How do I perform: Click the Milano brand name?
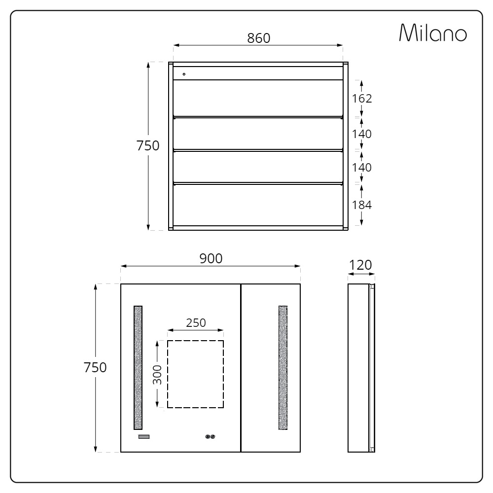[x=433, y=33]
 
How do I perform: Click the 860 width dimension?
[x=258, y=38]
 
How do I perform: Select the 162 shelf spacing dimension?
[x=361, y=99]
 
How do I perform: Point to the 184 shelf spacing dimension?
[x=361, y=205]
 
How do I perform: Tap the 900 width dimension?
[x=211, y=258]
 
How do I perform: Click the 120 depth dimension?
[x=360, y=265]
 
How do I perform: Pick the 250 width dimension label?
[x=196, y=323]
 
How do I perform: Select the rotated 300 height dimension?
[x=157, y=375]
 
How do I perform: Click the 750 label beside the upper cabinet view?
[x=148, y=145]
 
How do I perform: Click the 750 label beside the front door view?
[x=95, y=368]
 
